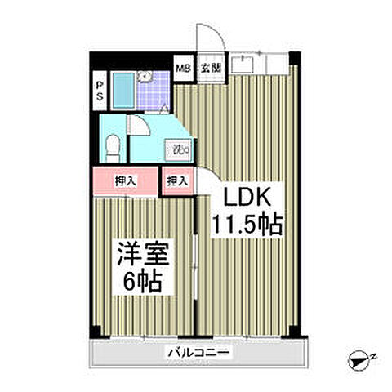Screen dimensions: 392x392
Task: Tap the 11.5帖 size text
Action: [x=247, y=225]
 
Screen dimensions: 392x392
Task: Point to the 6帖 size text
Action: [x=143, y=283]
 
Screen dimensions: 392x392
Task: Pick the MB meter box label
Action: [x=185, y=69]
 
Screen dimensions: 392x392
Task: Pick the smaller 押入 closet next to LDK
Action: [x=177, y=180]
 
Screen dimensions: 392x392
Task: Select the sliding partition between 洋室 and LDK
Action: [x=196, y=261]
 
